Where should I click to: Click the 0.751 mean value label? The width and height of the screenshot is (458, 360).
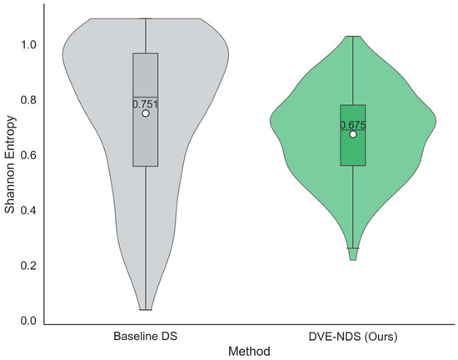145,104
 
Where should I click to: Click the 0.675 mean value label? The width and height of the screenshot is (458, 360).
353,125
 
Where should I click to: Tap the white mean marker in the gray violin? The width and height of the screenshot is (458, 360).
146,113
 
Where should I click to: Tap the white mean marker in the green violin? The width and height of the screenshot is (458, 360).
353,134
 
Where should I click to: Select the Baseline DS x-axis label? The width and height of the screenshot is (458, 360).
145,336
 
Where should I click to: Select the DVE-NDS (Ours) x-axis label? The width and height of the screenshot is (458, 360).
353,337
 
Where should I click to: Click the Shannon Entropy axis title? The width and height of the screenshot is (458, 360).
10,164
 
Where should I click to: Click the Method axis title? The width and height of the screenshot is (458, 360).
249,351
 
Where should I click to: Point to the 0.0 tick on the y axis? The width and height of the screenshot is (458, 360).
28,321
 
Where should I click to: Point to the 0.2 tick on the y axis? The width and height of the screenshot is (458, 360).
28,265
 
